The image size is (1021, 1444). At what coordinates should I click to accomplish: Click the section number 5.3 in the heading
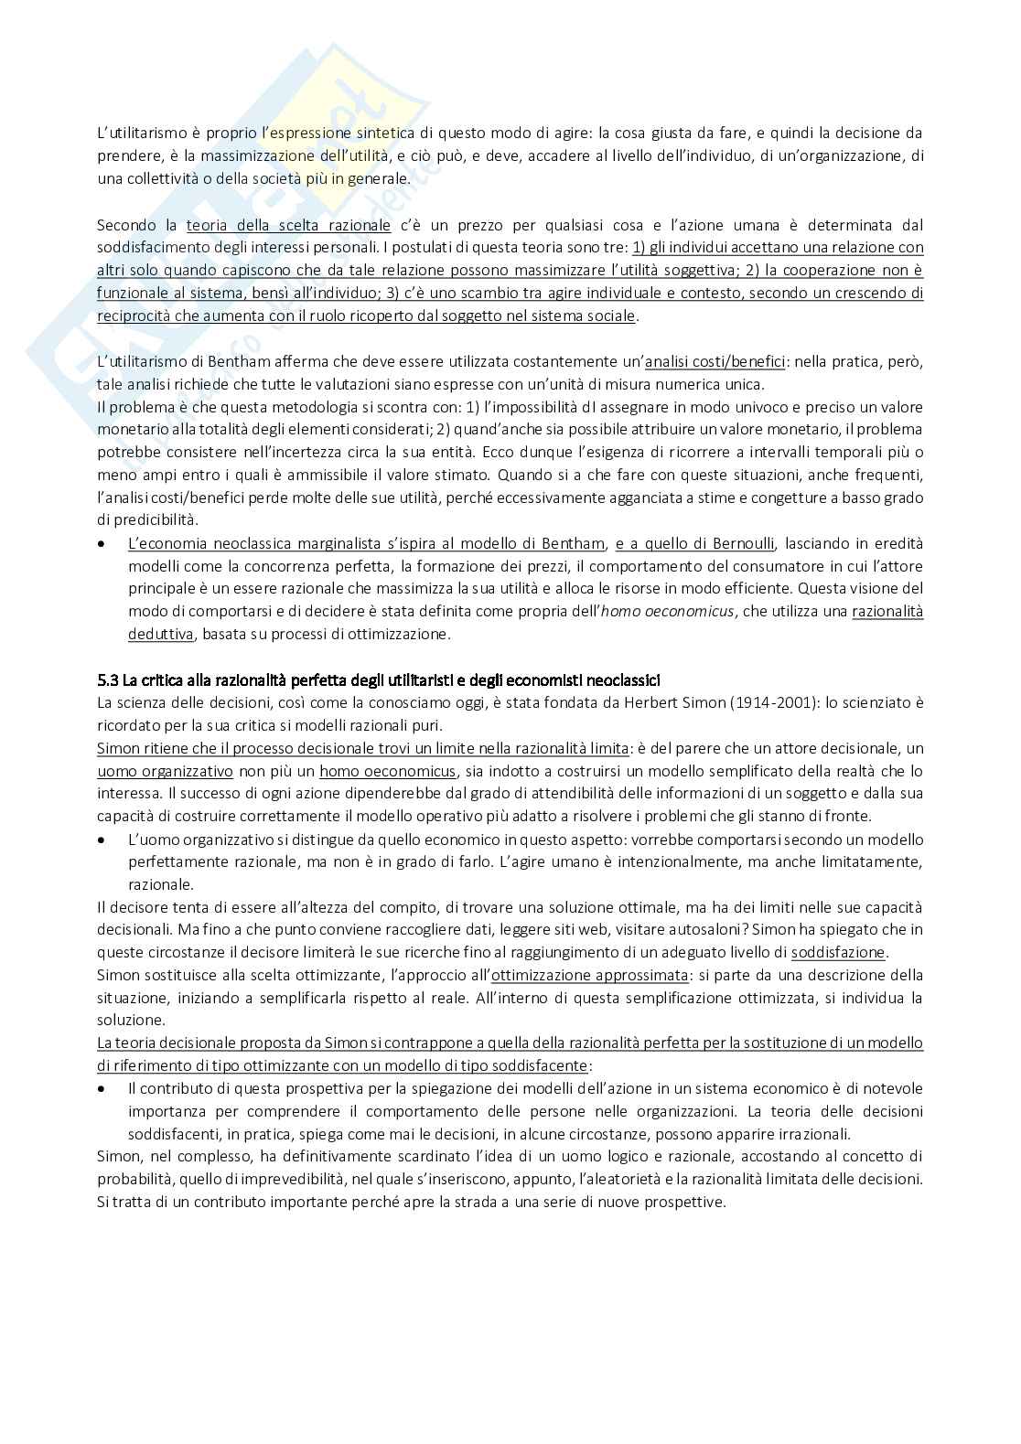(108, 679)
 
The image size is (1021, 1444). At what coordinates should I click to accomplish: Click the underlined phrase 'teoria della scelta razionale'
(288, 225)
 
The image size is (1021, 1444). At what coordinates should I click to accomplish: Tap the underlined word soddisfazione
(838, 952)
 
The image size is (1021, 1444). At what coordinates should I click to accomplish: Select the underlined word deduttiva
(160, 634)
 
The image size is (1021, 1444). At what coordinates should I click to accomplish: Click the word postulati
(425, 248)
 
